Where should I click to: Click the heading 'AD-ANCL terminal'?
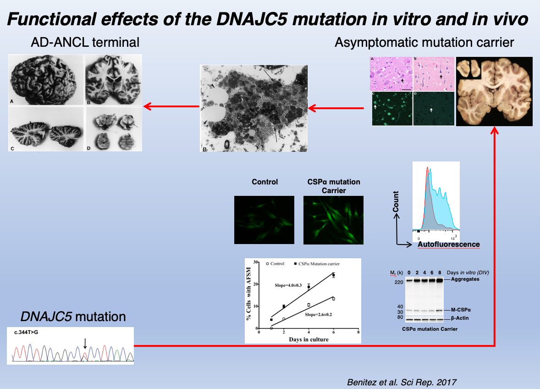point(85,43)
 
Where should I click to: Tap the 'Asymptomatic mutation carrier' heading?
point(424,43)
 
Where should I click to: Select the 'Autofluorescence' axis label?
point(449,245)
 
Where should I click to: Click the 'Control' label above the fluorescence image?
point(265,182)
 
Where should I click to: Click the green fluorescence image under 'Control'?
point(264,220)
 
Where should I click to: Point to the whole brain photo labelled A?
point(45,79)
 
